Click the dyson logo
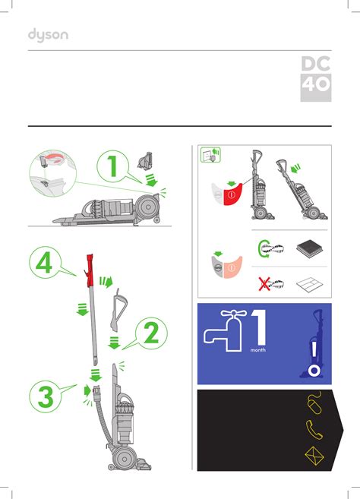tap(48, 35)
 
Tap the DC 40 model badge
tap(316, 79)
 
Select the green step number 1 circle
tap(112, 166)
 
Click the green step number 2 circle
tap(151, 333)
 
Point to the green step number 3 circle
tap(46, 396)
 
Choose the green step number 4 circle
tap(45, 263)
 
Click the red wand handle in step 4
tap(90, 270)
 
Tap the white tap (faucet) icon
tap(226, 330)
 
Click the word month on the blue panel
tap(257, 350)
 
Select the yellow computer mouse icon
tap(314, 403)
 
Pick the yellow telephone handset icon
tap(314, 430)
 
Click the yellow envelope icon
tap(314, 456)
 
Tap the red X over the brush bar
tap(264, 284)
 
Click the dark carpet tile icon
tap(310, 249)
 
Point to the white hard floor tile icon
tap(310, 285)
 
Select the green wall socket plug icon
tap(210, 155)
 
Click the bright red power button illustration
tap(232, 194)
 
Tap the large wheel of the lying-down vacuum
tap(148, 207)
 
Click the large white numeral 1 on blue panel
tap(259, 328)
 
